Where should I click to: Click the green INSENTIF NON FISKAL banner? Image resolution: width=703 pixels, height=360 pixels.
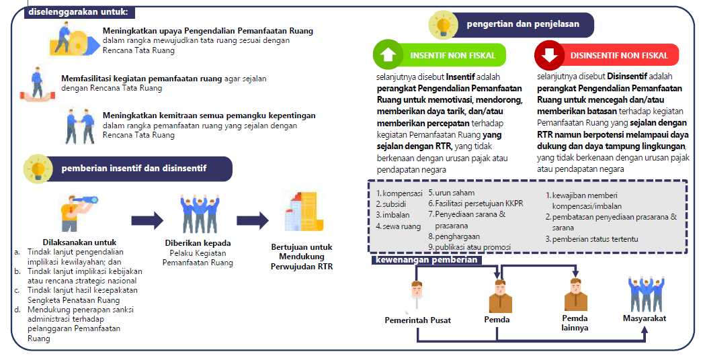click(440, 55)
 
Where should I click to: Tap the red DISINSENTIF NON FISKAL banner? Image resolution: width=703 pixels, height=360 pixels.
click(607, 55)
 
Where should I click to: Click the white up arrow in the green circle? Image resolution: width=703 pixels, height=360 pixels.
click(388, 54)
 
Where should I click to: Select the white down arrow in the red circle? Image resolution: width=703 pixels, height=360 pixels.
click(549, 54)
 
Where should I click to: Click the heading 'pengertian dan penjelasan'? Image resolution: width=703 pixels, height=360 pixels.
click(523, 24)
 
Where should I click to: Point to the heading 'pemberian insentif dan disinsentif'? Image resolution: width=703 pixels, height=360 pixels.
click(134, 168)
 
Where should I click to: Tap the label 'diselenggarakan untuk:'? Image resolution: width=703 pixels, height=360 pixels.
click(79, 12)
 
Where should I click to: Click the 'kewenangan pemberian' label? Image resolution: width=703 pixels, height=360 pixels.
click(426, 260)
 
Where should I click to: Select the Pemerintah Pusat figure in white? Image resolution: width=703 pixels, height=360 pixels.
click(417, 297)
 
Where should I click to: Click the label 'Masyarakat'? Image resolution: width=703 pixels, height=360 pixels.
click(645, 318)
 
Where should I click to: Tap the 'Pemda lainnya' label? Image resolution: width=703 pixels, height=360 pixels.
click(575, 323)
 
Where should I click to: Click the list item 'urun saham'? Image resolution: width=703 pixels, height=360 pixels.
click(452, 193)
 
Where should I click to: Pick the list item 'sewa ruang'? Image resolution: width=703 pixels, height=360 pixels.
click(398, 226)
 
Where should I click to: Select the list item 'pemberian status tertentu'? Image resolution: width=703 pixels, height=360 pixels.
click(592, 239)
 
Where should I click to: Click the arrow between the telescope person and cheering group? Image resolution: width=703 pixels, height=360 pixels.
click(147, 220)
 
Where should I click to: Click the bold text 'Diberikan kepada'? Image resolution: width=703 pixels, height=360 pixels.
click(198, 243)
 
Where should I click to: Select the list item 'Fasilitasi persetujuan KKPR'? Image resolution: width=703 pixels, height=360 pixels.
click(476, 204)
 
